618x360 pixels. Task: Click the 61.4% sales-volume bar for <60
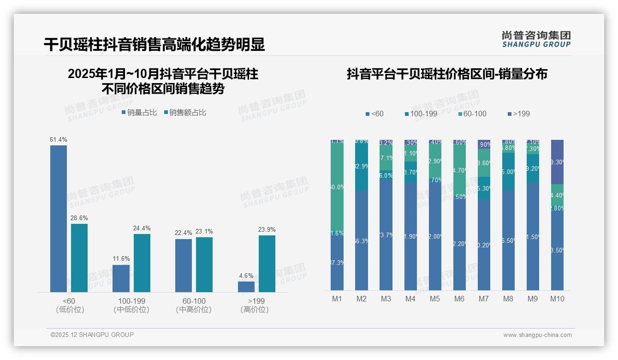59,219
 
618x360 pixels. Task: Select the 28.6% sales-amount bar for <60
79,258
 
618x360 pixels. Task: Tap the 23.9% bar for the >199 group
267,264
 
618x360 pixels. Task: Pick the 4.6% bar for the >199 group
246,287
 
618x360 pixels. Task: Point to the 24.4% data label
142,228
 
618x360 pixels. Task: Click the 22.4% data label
183,233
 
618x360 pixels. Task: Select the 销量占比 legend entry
139,112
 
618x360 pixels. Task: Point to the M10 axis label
557,299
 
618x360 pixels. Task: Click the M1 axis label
337,299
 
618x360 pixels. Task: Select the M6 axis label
459,299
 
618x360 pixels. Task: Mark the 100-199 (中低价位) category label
131,305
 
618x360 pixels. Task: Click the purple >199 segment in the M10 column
557,162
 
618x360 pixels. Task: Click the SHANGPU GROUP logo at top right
536,39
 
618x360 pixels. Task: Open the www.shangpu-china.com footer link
537,335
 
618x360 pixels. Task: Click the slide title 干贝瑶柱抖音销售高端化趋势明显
154,44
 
